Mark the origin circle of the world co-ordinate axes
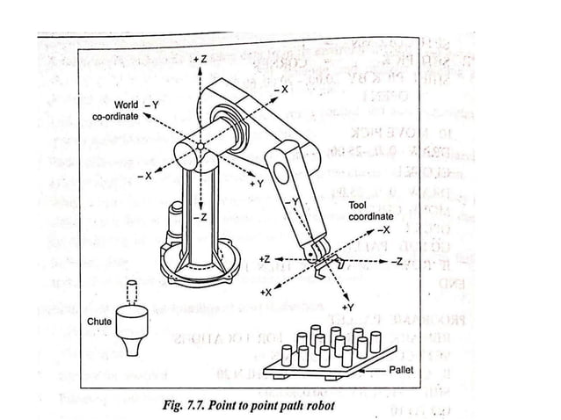[200, 147]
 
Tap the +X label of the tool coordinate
[266, 291]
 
